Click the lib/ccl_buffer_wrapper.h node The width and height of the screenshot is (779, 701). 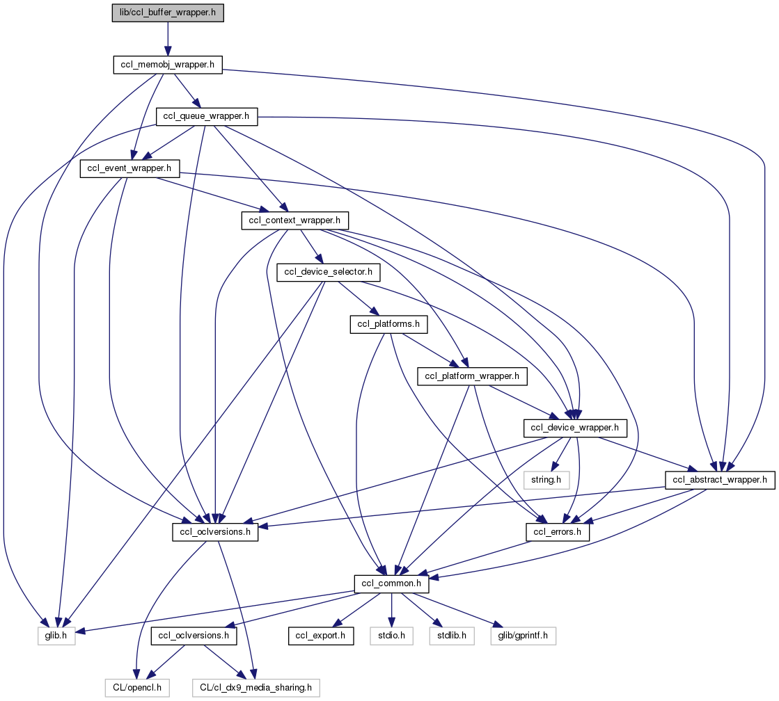tap(168, 13)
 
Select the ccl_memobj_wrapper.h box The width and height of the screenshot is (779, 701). tap(167, 65)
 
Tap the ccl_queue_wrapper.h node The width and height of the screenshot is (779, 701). tap(206, 117)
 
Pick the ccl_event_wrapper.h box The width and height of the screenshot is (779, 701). tap(130, 168)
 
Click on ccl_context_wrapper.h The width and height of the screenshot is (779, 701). tap(294, 220)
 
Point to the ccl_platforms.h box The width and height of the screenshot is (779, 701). tap(388, 324)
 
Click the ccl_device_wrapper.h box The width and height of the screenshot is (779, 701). tap(575, 428)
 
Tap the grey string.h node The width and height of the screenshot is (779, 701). tap(546, 480)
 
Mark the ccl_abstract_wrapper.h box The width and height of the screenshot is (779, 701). tap(721, 480)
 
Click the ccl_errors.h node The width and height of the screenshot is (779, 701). tap(558, 532)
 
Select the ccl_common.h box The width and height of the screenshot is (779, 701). tap(392, 583)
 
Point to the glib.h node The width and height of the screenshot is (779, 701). tap(56, 636)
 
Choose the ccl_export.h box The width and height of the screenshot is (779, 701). tap(321, 636)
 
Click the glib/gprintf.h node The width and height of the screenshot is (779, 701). tap(524, 636)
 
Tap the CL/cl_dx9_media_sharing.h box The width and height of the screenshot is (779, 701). tap(255, 688)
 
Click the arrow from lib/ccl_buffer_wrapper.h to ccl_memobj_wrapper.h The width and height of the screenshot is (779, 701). tap(168, 39)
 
